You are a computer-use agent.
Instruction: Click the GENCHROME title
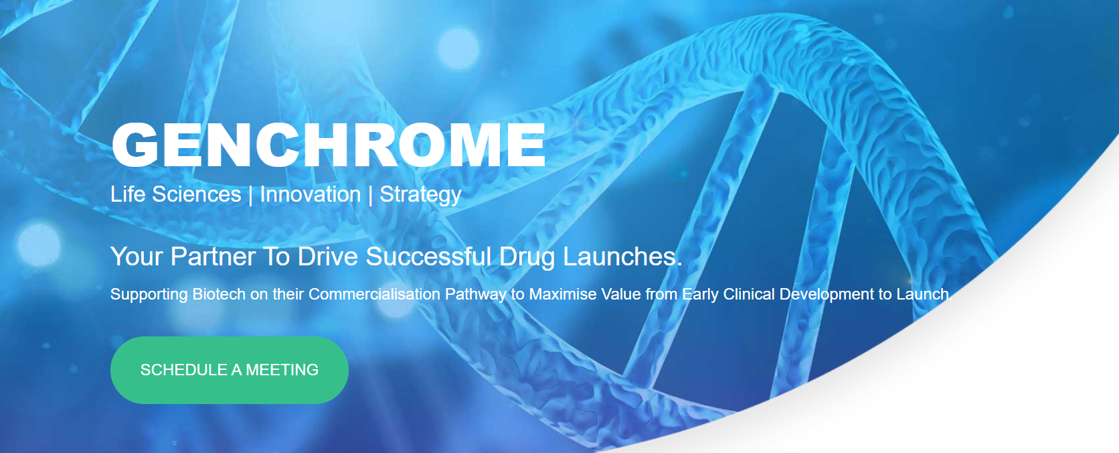click(328, 145)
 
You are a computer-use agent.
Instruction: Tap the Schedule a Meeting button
click(229, 370)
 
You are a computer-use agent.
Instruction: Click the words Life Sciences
click(175, 194)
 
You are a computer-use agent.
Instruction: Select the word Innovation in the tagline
click(310, 194)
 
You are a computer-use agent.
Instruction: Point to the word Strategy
click(420, 194)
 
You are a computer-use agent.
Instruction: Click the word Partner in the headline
click(213, 257)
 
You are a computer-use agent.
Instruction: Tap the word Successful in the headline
click(428, 257)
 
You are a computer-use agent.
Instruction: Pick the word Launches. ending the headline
click(622, 257)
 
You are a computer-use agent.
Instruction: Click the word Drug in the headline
click(527, 257)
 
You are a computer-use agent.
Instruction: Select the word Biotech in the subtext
click(219, 294)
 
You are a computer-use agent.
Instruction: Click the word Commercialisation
click(374, 294)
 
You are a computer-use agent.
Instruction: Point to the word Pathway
click(475, 294)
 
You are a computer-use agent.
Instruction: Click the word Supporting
click(149, 294)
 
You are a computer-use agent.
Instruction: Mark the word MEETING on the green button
click(282, 370)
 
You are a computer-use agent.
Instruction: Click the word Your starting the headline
click(137, 257)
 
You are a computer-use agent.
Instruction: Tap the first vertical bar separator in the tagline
click(250, 194)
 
